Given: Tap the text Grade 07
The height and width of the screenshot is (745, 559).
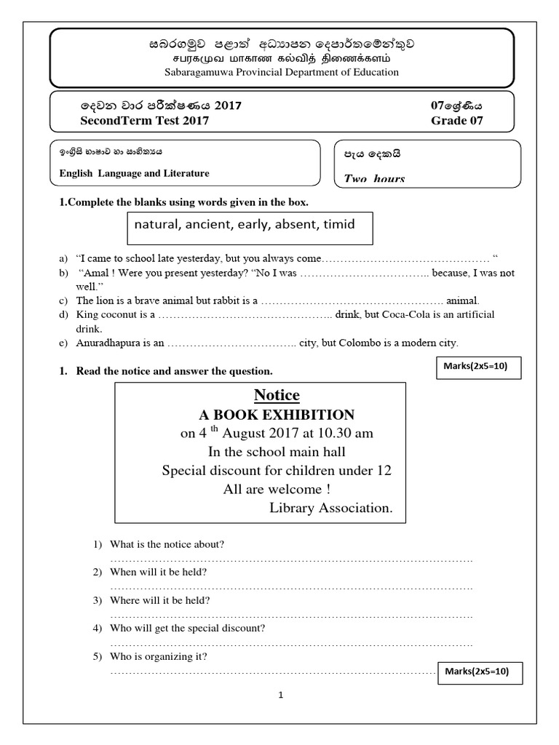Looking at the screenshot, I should (457, 121).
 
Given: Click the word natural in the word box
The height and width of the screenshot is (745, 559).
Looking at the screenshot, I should (156, 224).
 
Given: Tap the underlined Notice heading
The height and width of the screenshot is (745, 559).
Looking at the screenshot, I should (277, 395).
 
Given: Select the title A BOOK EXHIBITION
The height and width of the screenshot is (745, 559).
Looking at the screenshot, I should (277, 415).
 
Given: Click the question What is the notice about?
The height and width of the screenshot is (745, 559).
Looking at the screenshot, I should (167, 544).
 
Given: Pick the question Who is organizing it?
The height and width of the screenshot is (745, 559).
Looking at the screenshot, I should (159, 656).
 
